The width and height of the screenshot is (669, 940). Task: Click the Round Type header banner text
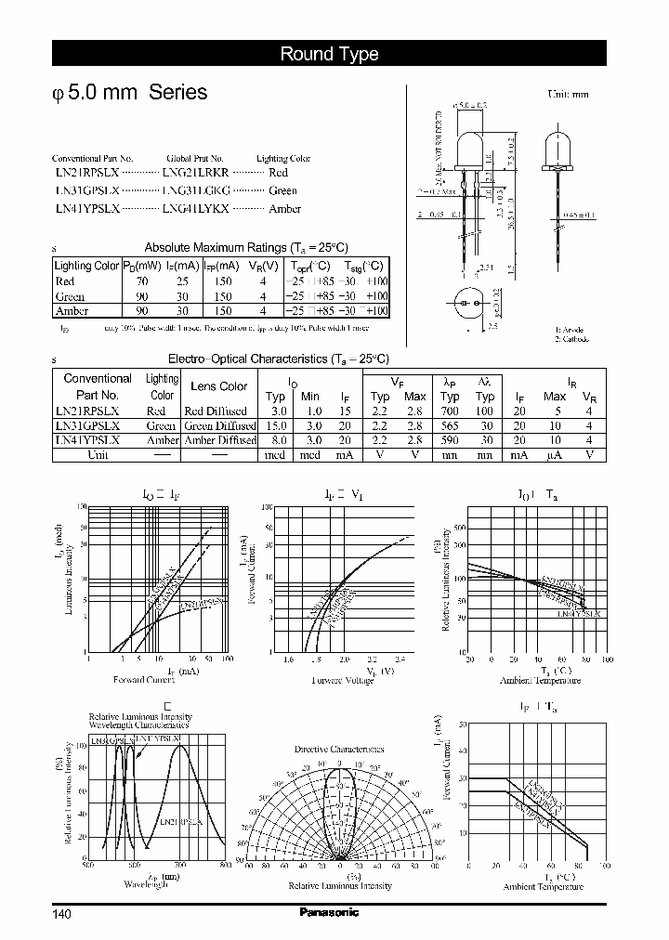click(x=329, y=54)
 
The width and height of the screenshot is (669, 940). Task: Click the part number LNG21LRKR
click(x=194, y=174)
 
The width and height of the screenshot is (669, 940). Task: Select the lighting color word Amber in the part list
click(x=284, y=209)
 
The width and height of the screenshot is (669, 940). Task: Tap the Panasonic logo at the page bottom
click(x=329, y=913)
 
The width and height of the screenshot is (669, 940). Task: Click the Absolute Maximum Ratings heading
click(x=246, y=247)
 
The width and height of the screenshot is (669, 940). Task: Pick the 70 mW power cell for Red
click(x=141, y=281)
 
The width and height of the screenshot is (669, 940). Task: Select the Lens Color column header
click(x=218, y=386)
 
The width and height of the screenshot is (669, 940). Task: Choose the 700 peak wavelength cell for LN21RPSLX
click(x=451, y=411)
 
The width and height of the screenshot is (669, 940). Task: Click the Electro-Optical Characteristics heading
click(x=278, y=359)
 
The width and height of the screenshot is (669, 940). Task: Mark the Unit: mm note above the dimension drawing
click(x=568, y=95)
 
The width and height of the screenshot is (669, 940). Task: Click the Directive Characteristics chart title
click(x=338, y=749)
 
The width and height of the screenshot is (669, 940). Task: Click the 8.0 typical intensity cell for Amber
click(x=276, y=440)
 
